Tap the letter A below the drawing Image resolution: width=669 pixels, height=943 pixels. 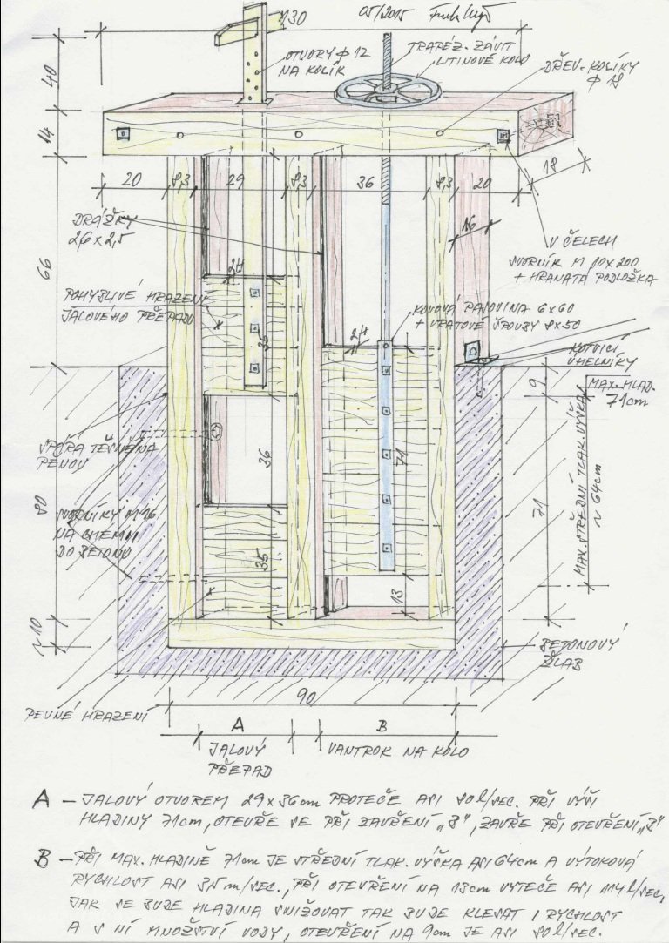point(236,722)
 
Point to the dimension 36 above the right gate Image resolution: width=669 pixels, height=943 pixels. point(367,184)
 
